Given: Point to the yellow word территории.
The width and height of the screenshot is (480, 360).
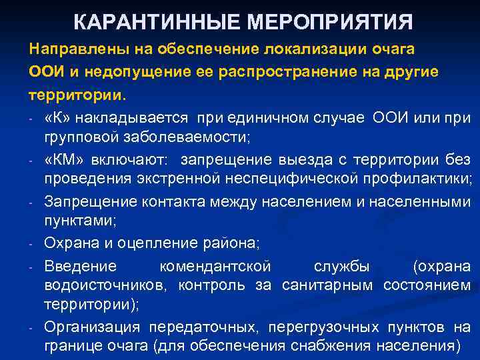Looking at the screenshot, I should click(x=75, y=93).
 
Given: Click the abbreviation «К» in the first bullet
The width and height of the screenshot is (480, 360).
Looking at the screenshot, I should click(x=55, y=119).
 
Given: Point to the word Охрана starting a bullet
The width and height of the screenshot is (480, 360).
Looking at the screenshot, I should click(x=70, y=243).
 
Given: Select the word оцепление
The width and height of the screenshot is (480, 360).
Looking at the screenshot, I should click(x=153, y=243).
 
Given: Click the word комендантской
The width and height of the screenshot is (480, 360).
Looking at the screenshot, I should click(x=215, y=266).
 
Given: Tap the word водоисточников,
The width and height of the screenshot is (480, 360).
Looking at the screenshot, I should click(x=107, y=286).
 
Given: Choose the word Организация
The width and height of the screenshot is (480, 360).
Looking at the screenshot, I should click(x=92, y=327).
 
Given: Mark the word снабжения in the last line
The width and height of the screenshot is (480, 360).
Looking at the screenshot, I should click(x=335, y=346).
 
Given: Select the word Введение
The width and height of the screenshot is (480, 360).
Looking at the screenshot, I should click(x=80, y=266).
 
